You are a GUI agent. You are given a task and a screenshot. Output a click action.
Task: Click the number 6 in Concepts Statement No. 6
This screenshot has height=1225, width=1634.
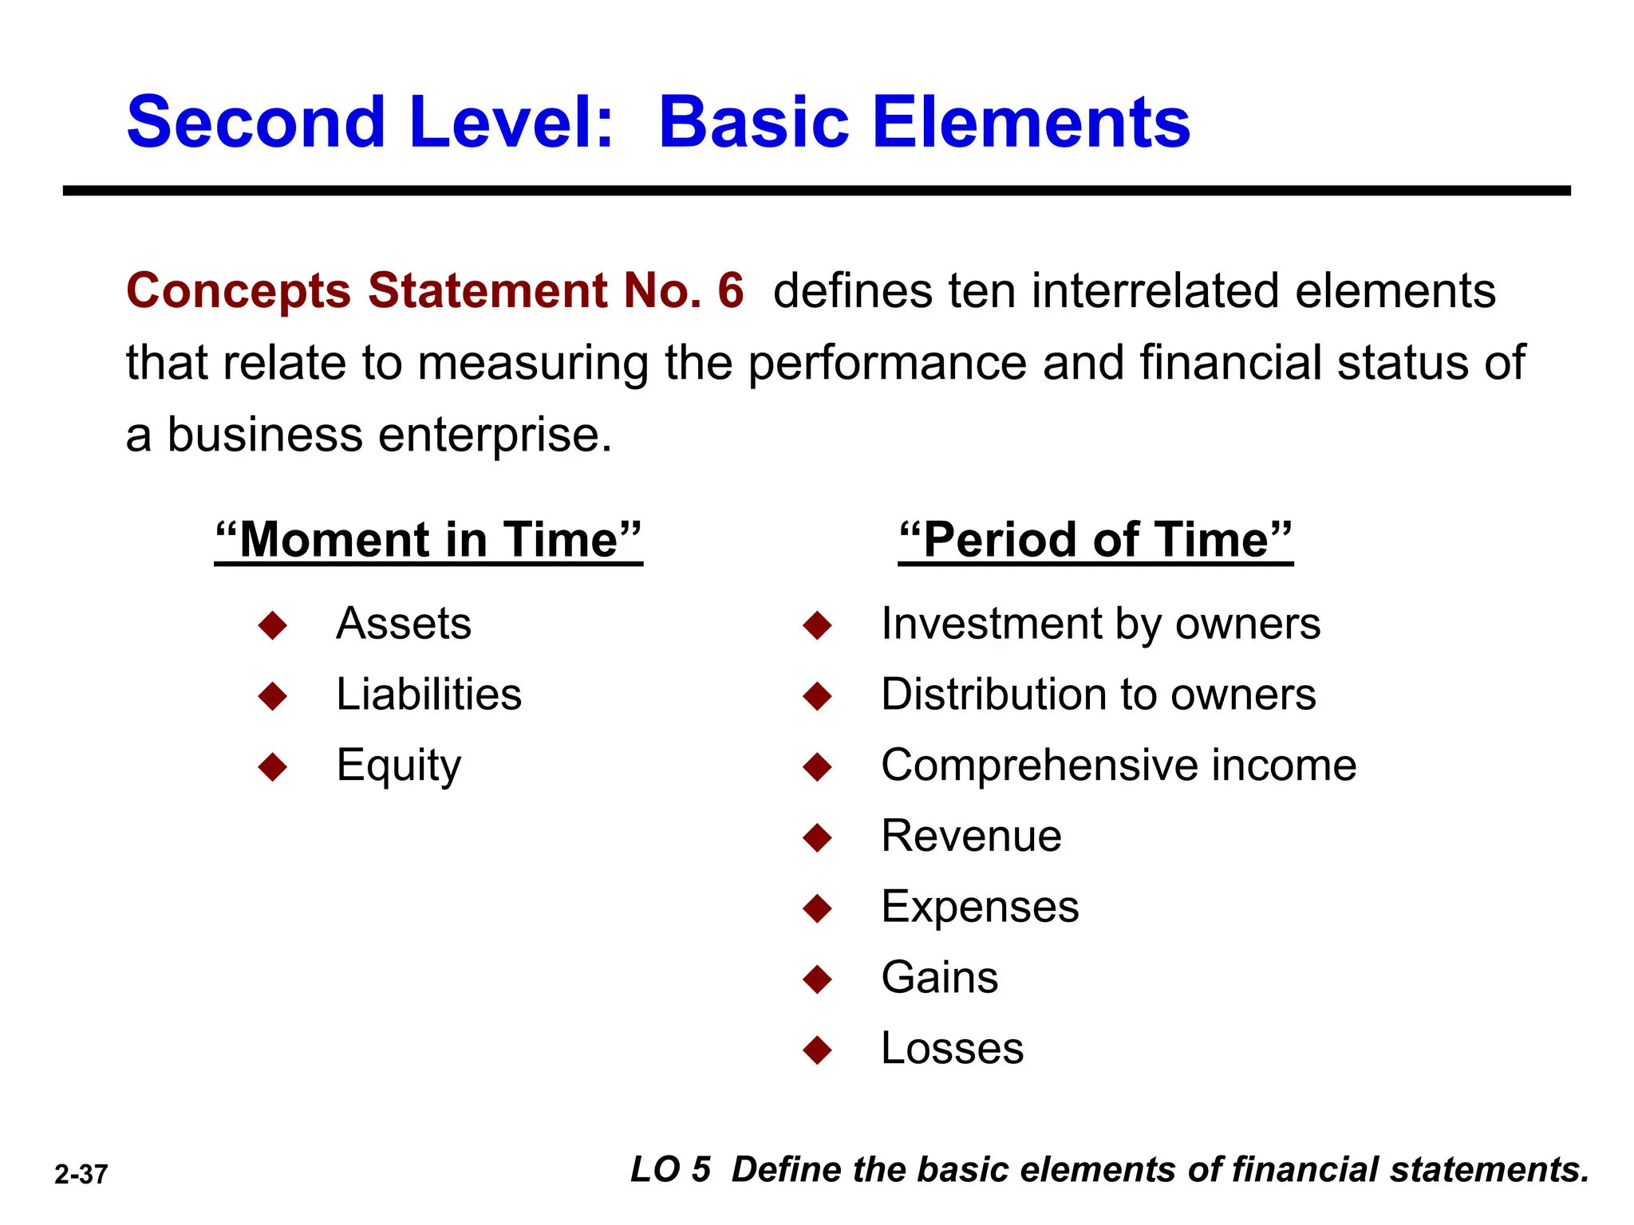[x=730, y=290]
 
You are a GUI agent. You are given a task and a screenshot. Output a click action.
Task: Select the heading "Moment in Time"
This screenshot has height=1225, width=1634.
[x=428, y=540]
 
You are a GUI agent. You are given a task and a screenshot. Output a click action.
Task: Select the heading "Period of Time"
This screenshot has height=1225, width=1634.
[x=1095, y=540]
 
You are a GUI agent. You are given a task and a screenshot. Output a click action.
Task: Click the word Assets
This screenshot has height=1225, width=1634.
[x=404, y=623]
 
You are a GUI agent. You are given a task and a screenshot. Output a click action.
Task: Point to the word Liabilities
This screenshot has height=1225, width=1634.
[x=428, y=694]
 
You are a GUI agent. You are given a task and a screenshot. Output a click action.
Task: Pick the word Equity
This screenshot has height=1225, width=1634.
[x=398, y=766]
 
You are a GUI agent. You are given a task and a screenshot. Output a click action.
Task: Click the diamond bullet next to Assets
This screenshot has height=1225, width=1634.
[x=273, y=625]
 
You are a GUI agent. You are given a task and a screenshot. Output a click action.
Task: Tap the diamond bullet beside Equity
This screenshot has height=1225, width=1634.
[x=273, y=767]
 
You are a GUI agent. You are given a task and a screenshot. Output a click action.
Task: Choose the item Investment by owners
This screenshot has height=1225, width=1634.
[x=1100, y=623]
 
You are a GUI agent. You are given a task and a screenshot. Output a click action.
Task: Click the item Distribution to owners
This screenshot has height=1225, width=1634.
[x=1098, y=694]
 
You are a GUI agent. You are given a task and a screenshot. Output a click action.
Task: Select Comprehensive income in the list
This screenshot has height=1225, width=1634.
[x=1119, y=765]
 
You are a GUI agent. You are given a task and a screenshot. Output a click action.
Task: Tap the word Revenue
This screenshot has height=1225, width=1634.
[x=971, y=836]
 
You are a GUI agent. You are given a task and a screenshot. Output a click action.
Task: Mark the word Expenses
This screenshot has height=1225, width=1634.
[x=980, y=907]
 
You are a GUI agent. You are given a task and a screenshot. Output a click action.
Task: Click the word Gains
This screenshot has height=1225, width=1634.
[x=939, y=977]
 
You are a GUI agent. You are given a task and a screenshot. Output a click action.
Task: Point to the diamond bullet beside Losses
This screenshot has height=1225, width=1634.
[x=818, y=1050]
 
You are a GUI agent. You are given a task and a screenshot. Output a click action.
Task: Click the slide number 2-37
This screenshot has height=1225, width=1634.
[x=81, y=1174]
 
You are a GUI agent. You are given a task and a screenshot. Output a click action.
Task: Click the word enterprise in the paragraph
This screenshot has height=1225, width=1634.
[x=495, y=435]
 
